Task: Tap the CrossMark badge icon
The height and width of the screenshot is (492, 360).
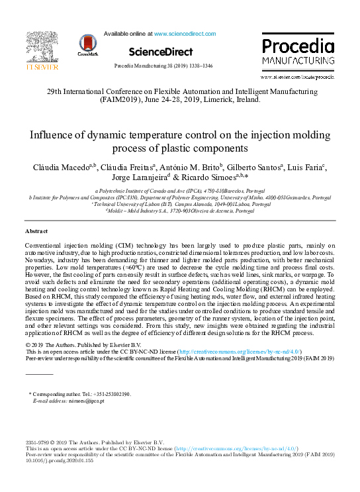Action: [87, 44]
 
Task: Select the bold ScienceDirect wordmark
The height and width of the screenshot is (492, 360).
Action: [161, 52]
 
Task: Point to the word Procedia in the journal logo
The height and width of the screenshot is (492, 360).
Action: [297, 47]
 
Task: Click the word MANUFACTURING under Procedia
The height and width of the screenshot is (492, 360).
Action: [297, 61]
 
